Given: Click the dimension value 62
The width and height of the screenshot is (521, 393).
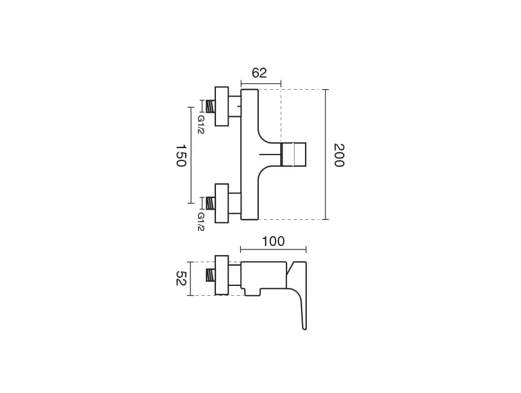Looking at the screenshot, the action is [259, 73].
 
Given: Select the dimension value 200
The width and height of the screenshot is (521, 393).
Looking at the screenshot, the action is [339, 155].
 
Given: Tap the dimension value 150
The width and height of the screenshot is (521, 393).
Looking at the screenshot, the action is [181, 155].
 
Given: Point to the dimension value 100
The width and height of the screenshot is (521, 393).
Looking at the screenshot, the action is [273, 241].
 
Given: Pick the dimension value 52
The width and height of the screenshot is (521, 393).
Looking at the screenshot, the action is [181, 278].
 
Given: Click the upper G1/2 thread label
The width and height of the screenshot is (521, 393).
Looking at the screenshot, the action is [201, 124].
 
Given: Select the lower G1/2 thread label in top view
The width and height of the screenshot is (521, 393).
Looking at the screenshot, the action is [201, 222].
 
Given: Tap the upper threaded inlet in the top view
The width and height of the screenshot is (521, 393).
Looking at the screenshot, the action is [211, 106].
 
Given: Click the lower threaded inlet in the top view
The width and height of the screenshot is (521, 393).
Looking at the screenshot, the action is [211, 203].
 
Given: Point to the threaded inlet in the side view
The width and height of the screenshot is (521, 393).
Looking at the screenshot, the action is [211, 275].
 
